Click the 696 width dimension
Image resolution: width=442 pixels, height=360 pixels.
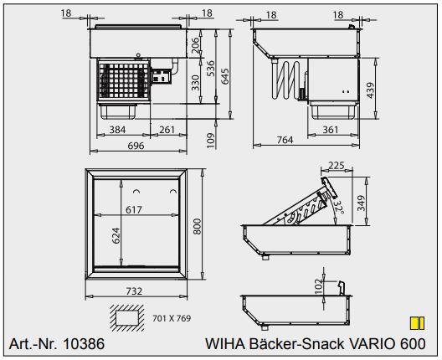[135, 145]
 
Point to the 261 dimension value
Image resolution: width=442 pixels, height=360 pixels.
[167, 130]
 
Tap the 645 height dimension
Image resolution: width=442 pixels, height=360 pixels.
[224, 76]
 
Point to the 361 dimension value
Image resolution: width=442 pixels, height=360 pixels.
[330, 130]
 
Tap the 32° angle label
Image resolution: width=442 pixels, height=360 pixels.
[339, 206]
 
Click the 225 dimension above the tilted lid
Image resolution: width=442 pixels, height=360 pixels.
[337, 166]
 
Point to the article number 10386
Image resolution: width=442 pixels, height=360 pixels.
[55, 344]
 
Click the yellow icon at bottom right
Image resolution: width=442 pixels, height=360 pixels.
[414, 322]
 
